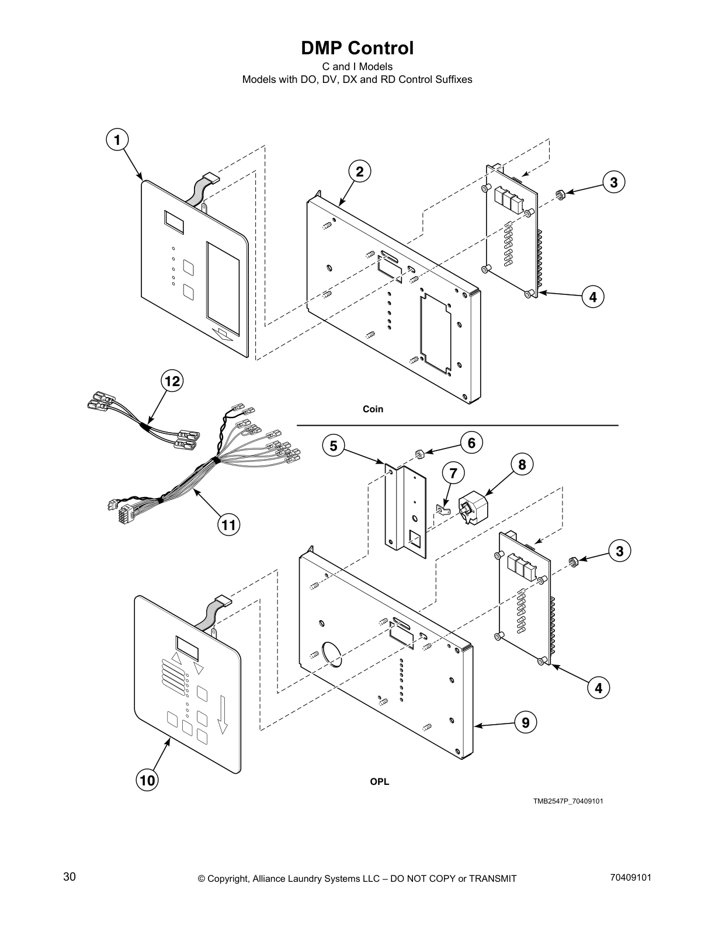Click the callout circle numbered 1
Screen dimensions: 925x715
click(x=117, y=140)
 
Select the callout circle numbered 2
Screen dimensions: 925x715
click(x=360, y=172)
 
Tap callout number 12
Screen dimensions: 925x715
click(x=172, y=381)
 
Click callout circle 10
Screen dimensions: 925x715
click(x=148, y=780)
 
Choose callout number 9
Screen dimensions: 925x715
click(x=526, y=723)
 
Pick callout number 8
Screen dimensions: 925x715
click(x=522, y=464)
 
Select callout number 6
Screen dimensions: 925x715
click(x=471, y=443)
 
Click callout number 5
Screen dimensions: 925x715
click(x=333, y=446)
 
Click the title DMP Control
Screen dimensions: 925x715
click(x=357, y=48)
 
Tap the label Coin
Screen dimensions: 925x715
click(x=373, y=409)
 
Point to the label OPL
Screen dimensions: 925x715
click(x=379, y=782)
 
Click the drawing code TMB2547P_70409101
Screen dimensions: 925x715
click(x=568, y=801)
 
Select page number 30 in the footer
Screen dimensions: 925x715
click(x=69, y=877)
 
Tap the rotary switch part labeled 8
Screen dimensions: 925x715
click(x=473, y=506)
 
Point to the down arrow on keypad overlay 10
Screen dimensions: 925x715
click(x=222, y=713)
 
